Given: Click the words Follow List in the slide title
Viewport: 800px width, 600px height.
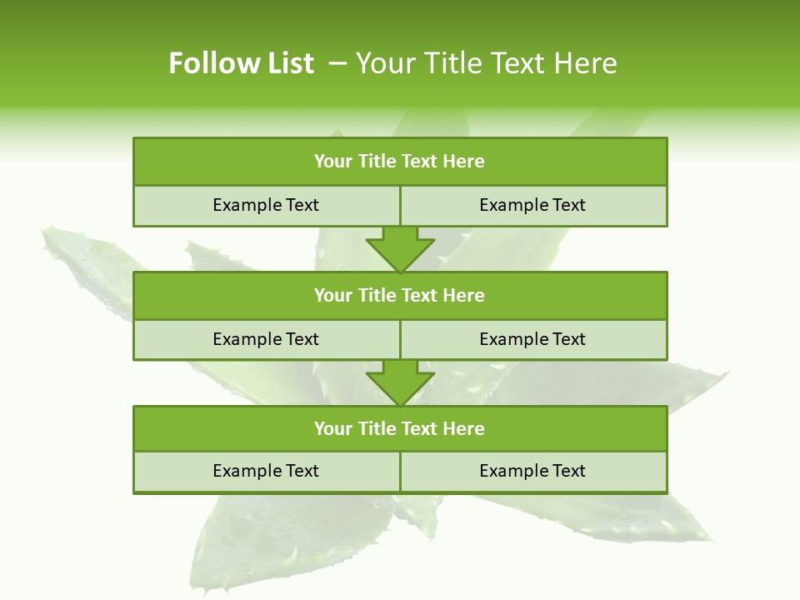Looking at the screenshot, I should point(241,63).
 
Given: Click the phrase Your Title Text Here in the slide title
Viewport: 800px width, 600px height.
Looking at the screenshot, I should point(486,63).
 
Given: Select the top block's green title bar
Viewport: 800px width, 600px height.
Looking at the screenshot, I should point(400,162).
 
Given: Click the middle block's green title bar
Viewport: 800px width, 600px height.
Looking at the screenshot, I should point(400,296).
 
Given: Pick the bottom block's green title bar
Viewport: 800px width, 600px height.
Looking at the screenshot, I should point(400,429).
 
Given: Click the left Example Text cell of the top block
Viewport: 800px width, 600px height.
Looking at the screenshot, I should point(267,206).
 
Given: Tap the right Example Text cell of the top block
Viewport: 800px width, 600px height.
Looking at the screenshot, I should point(533,206).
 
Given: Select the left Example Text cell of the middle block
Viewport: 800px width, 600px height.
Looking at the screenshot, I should point(267,340).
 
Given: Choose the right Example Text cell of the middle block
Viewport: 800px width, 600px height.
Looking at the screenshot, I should point(533,340).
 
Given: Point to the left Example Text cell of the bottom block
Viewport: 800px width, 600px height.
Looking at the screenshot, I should point(267,472).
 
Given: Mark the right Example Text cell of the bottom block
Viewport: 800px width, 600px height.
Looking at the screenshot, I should point(533,472).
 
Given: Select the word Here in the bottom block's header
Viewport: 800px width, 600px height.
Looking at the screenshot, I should point(464,429).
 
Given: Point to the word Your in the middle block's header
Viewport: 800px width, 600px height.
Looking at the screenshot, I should point(332,296).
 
